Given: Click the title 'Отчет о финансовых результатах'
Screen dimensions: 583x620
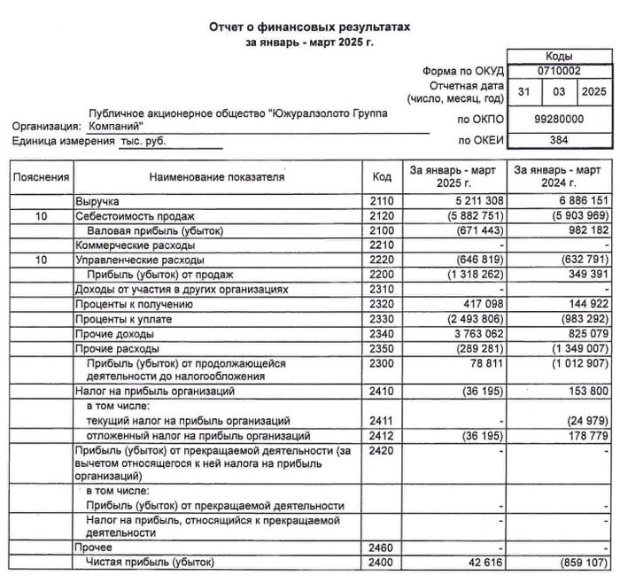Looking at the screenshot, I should point(310,27).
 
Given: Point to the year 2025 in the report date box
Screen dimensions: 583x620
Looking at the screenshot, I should point(593,91).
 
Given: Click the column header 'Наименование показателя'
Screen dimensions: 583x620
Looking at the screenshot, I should point(217,177).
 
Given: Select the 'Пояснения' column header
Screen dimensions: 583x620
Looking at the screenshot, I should point(41,177).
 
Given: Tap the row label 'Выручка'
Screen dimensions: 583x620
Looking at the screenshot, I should point(97,202).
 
